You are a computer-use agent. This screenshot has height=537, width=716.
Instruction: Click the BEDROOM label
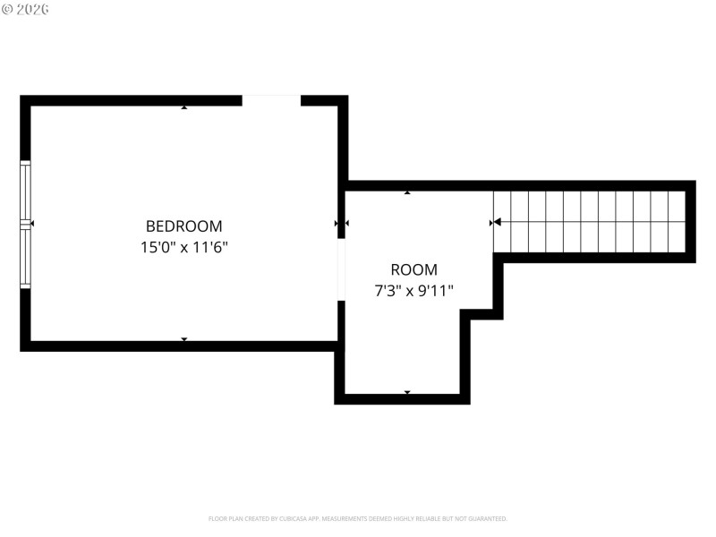tap(183, 226)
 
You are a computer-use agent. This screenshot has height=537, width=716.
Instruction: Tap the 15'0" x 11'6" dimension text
tap(183, 247)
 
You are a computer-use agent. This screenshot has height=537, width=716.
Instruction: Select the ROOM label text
tap(413, 269)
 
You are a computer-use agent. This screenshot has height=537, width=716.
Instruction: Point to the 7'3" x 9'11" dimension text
tap(413, 290)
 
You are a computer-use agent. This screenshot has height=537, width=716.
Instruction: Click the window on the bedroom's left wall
tap(25, 224)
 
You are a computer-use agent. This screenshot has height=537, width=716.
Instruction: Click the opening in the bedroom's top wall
tap(271, 100)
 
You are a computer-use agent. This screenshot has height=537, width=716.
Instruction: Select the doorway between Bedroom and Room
tap(341, 269)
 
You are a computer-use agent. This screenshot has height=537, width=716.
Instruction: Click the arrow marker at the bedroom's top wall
tap(184, 107)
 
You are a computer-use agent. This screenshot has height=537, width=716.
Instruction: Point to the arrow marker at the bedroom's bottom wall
tap(184, 339)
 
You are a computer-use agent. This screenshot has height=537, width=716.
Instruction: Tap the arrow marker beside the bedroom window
tap(32, 223)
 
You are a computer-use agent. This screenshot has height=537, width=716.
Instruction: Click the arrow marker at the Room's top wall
tap(407, 192)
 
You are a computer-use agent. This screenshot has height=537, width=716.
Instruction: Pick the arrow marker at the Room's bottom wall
tap(407, 392)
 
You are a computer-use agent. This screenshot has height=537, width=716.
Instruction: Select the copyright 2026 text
tap(25, 9)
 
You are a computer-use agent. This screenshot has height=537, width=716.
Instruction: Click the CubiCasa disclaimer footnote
tap(358, 518)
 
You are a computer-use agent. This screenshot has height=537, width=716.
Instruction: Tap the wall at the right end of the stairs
tap(691, 222)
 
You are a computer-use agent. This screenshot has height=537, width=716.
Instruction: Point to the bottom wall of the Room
tap(403, 399)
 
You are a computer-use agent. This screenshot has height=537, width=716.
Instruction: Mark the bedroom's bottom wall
tap(179, 346)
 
